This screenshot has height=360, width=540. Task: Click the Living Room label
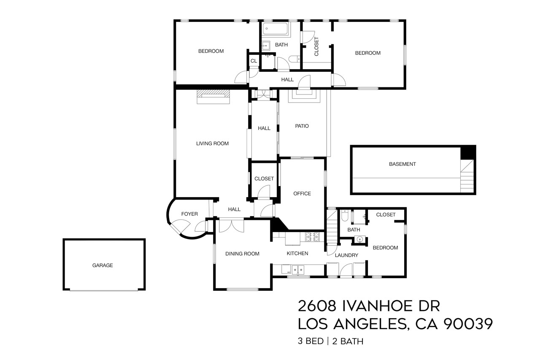(x=212, y=143)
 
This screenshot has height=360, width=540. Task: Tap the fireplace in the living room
(x=213, y=96)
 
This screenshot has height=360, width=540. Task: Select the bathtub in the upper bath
(x=275, y=30)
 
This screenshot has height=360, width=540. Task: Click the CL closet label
(x=254, y=61)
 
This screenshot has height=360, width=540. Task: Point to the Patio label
(x=302, y=126)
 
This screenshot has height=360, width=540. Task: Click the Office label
(x=302, y=194)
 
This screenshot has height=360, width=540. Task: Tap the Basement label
(x=402, y=164)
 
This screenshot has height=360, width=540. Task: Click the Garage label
(x=103, y=265)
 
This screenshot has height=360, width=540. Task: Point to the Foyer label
(x=189, y=214)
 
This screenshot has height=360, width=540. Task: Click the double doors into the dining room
(x=231, y=225)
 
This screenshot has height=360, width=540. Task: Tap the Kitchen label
(x=297, y=254)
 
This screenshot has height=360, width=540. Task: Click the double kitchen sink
(x=299, y=269)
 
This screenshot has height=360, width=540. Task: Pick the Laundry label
(x=346, y=255)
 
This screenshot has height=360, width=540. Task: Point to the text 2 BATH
(x=347, y=341)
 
